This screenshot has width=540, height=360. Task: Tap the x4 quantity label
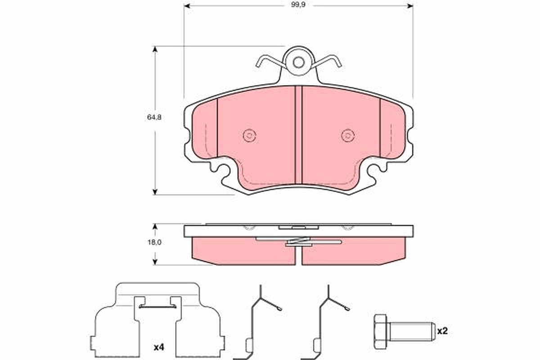click(x=158, y=347)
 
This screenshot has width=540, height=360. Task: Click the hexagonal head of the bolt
click(x=381, y=331)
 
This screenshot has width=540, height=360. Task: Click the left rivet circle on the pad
click(x=249, y=135)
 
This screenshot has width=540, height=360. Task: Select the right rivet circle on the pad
click(x=347, y=135)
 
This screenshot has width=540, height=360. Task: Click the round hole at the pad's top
click(x=298, y=62)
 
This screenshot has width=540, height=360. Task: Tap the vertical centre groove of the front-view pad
click(x=298, y=135)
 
